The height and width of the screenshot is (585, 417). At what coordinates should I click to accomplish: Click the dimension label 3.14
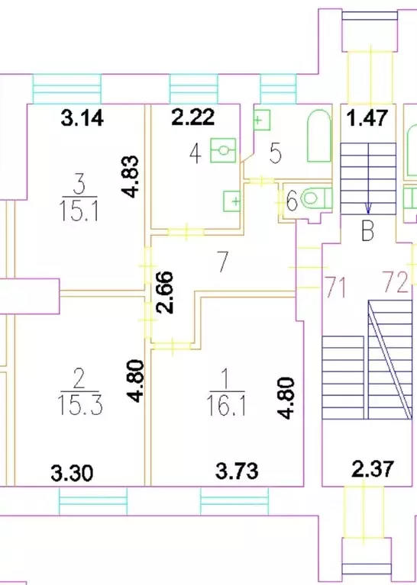(x=82, y=119)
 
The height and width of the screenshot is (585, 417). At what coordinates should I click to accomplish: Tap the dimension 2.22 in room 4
(x=193, y=117)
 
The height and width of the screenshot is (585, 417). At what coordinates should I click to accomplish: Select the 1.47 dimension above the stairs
(x=367, y=117)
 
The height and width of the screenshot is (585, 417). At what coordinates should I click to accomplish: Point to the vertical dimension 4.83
(x=130, y=176)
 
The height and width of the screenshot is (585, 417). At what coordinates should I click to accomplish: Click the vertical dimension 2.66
(x=165, y=292)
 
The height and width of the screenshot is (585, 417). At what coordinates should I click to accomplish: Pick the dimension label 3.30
(x=72, y=473)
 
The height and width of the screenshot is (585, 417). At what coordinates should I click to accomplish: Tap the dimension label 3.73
(x=237, y=471)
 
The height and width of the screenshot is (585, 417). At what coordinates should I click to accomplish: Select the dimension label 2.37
(x=373, y=469)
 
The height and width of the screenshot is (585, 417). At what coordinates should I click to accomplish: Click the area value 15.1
(x=79, y=211)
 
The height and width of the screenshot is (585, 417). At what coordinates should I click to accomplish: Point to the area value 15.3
(x=80, y=405)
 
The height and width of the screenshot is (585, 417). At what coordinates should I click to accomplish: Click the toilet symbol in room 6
(x=316, y=198)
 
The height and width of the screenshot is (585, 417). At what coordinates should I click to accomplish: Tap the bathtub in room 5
(x=319, y=136)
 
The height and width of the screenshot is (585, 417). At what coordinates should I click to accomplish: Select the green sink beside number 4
(x=223, y=150)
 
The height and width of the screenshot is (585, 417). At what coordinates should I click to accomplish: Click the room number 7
(x=223, y=262)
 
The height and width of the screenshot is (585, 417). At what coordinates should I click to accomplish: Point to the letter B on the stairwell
(x=367, y=231)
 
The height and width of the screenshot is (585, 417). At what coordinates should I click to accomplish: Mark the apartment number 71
(x=335, y=287)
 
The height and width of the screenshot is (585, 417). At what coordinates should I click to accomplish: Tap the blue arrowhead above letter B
(x=368, y=209)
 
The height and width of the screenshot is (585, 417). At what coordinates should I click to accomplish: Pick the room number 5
(x=276, y=153)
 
